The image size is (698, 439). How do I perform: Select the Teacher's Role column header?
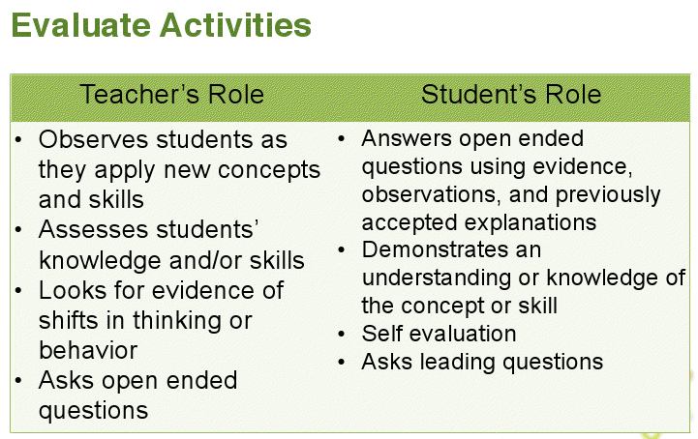pyautogui.click(x=171, y=95)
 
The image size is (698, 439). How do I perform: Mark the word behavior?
pyautogui.click(x=88, y=350)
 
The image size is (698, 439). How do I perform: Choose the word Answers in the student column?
pyautogui.click(x=402, y=138)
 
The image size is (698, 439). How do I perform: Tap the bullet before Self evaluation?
pyautogui.click(x=343, y=335)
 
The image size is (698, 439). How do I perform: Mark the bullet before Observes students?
pyautogui.click(x=20, y=140)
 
